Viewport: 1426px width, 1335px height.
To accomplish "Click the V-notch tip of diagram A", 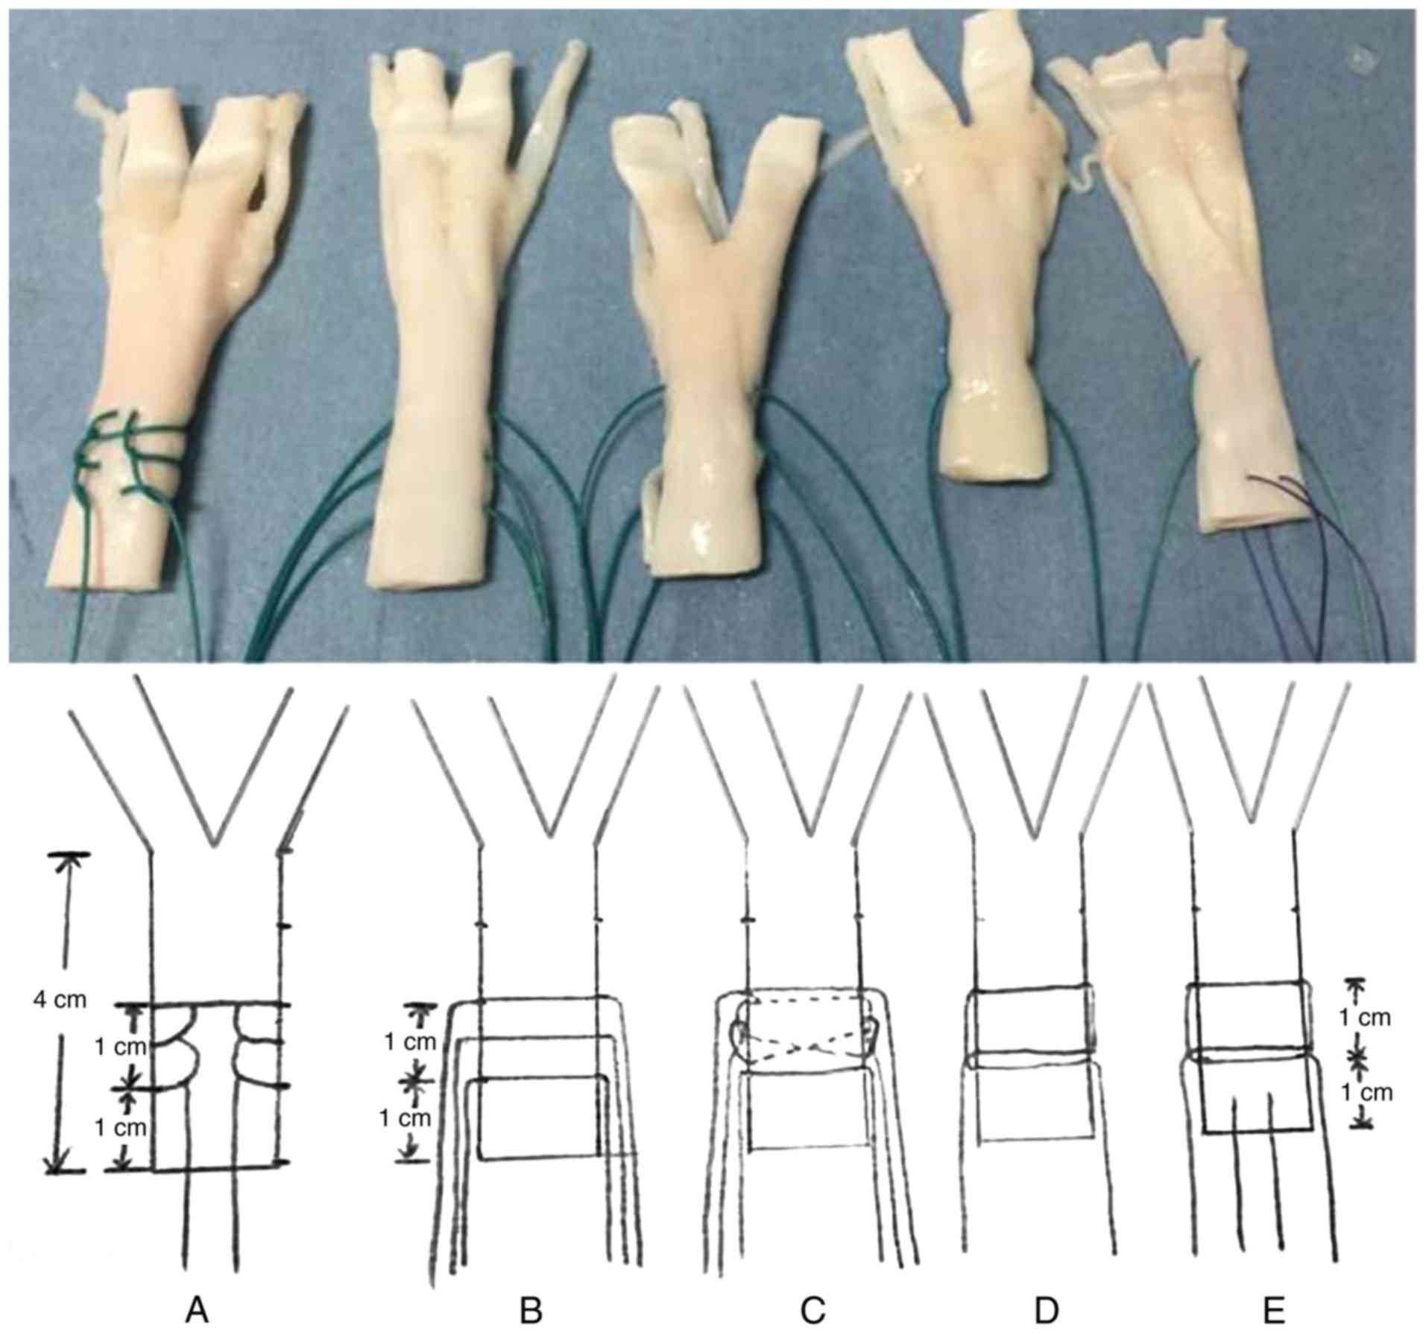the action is point(215,844).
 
